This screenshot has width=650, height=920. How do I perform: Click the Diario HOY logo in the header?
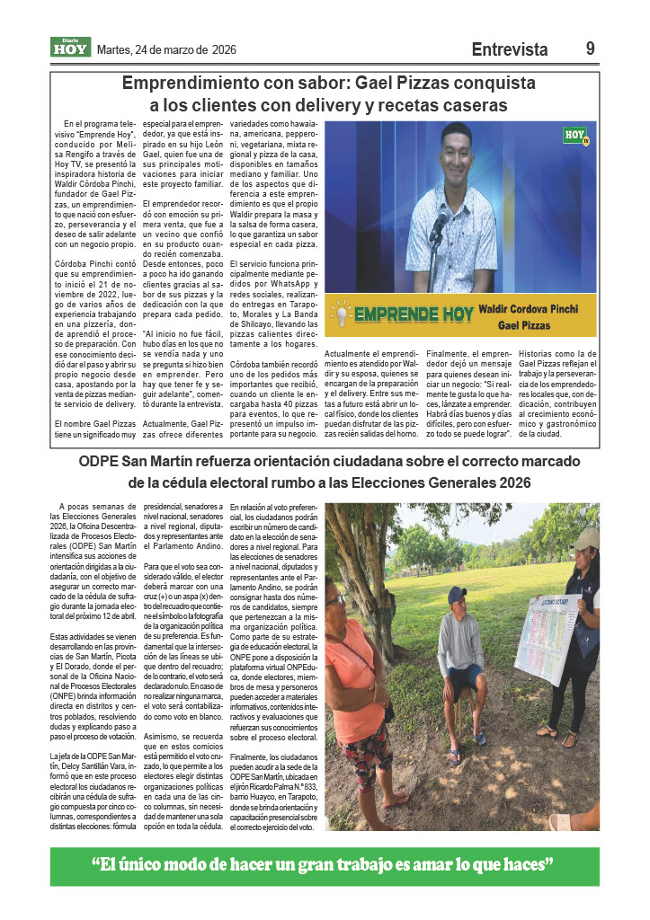(x=70, y=48)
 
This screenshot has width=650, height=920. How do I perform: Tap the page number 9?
(x=590, y=49)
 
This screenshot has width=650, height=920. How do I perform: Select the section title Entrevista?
(x=509, y=50)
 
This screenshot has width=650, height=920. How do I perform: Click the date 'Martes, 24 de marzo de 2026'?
(x=166, y=50)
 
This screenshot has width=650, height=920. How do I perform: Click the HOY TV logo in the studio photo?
(x=575, y=136)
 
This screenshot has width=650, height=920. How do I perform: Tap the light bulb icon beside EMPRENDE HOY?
(x=342, y=314)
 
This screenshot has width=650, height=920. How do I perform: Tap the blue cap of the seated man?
(x=457, y=595)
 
